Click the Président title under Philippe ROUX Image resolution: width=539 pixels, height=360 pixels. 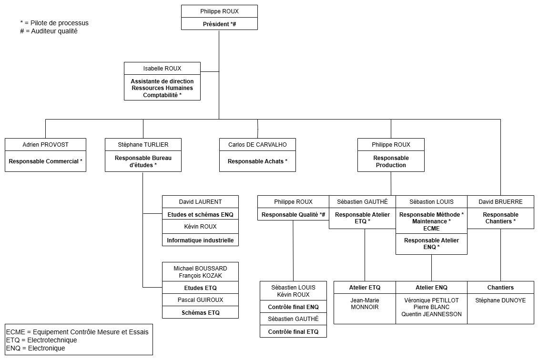click(x=219, y=24)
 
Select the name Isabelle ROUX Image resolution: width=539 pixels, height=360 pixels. click(x=162, y=68)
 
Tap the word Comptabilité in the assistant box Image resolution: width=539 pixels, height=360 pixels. click(x=160, y=95)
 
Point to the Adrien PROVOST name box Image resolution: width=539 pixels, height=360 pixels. click(x=45, y=144)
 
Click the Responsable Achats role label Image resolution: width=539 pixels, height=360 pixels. click(x=257, y=161)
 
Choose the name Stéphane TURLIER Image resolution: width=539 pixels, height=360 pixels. click(x=143, y=144)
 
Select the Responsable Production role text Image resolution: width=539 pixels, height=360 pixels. click(x=391, y=161)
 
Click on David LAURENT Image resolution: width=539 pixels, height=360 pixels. click(x=200, y=201)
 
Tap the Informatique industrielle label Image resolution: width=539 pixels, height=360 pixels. click(x=200, y=240)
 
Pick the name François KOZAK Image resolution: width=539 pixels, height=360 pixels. click(x=200, y=276)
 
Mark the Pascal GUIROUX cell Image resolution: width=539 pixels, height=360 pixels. click(x=200, y=300)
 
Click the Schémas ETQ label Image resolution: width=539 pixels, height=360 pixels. click(x=200, y=313)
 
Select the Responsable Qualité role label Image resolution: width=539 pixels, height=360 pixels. click(x=293, y=215)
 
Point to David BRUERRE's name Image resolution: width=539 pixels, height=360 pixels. click(x=500, y=201)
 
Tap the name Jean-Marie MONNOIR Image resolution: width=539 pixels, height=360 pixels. click(x=365, y=304)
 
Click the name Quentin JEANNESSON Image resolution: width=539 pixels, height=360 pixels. click(x=431, y=314)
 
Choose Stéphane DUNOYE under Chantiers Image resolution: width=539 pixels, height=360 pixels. click(x=500, y=300)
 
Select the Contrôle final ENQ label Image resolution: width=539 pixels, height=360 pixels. click(x=293, y=307)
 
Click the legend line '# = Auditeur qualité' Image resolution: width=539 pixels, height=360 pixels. click(x=49, y=31)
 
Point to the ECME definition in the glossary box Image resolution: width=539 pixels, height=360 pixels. click(x=78, y=332)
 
